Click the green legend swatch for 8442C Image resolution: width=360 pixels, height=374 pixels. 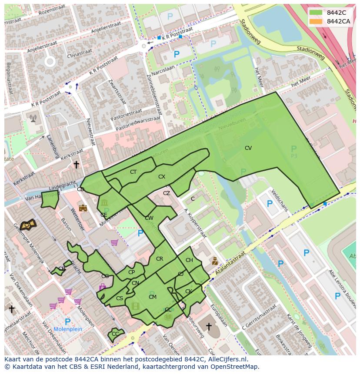(x=316, y=13)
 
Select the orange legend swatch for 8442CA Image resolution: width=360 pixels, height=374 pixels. (x=316, y=21)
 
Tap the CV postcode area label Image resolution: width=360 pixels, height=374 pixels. (x=248, y=148)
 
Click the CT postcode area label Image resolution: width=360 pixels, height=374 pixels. (x=133, y=172)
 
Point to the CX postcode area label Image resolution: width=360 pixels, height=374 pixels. (x=162, y=177)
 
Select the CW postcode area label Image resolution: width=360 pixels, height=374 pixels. (x=149, y=218)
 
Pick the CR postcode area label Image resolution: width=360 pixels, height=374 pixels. (x=160, y=259)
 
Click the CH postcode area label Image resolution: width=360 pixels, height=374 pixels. (x=189, y=260)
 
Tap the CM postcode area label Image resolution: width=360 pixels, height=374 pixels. (x=152, y=297)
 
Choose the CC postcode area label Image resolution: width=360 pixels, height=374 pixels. (x=115, y=334)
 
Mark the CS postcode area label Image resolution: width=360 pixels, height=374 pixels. (x=120, y=298)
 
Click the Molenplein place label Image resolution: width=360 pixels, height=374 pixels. (x=67, y=329)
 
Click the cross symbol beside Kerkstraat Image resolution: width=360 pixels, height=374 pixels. (x=76, y=165)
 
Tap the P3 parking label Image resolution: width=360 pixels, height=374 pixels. (x=294, y=156)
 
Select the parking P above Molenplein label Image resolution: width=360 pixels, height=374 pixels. (x=67, y=321)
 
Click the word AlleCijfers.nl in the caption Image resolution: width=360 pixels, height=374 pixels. (x=226, y=359)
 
